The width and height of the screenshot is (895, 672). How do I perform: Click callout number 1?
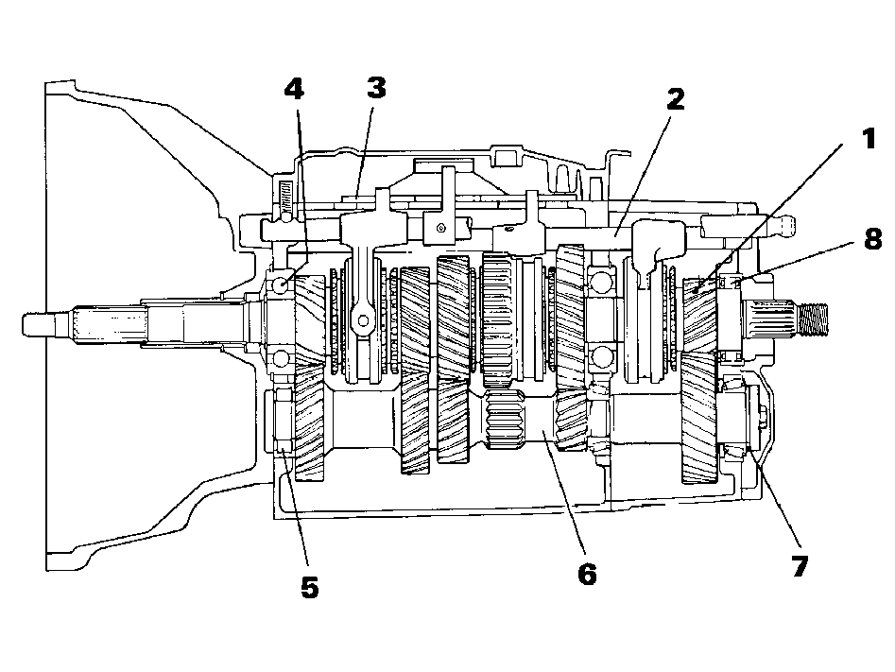869,139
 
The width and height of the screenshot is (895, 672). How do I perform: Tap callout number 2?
675,99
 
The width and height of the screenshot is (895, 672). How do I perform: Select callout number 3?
376,88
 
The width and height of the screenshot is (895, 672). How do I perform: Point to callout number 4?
294,89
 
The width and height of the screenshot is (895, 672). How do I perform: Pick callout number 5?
309,588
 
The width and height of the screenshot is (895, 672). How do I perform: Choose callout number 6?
587,574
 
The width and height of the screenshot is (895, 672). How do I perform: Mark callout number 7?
800,566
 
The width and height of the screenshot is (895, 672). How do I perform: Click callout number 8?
872,239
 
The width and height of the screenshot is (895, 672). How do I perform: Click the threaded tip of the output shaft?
814,319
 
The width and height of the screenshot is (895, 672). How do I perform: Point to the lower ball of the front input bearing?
281,358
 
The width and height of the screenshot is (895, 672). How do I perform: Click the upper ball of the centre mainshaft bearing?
600,282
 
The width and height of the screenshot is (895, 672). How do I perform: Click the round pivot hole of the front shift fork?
362,320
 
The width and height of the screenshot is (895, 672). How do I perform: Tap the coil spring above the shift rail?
284,194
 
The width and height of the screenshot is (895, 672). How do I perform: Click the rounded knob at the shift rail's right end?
784,225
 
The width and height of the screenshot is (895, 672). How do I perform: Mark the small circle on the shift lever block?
440,229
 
